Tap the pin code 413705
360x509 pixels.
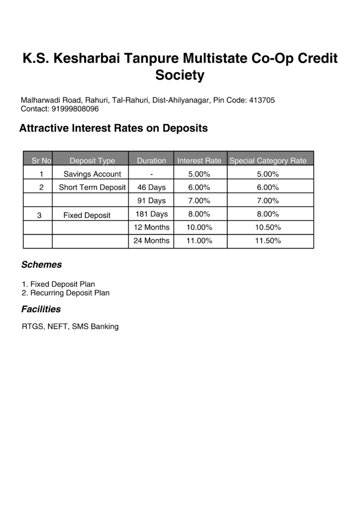(262, 100)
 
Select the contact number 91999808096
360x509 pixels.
(75, 109)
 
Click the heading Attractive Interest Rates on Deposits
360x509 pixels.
(113, 128)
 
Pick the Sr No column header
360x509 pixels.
(41, 161)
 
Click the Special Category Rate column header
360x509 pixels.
(268, 161)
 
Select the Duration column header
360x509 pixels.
(152, 161)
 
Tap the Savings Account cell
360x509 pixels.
(92, 174)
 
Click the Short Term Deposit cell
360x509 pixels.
(92, 187)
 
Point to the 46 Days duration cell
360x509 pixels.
(152, 187)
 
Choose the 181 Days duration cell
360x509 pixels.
(152, 214)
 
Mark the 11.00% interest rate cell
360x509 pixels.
(199, 241)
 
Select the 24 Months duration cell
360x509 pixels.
(152, 241)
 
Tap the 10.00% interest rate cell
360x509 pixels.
(199, 227)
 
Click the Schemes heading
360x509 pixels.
(41, 265)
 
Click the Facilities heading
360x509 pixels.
(41, 309)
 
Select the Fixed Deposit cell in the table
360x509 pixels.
(87, 215)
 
